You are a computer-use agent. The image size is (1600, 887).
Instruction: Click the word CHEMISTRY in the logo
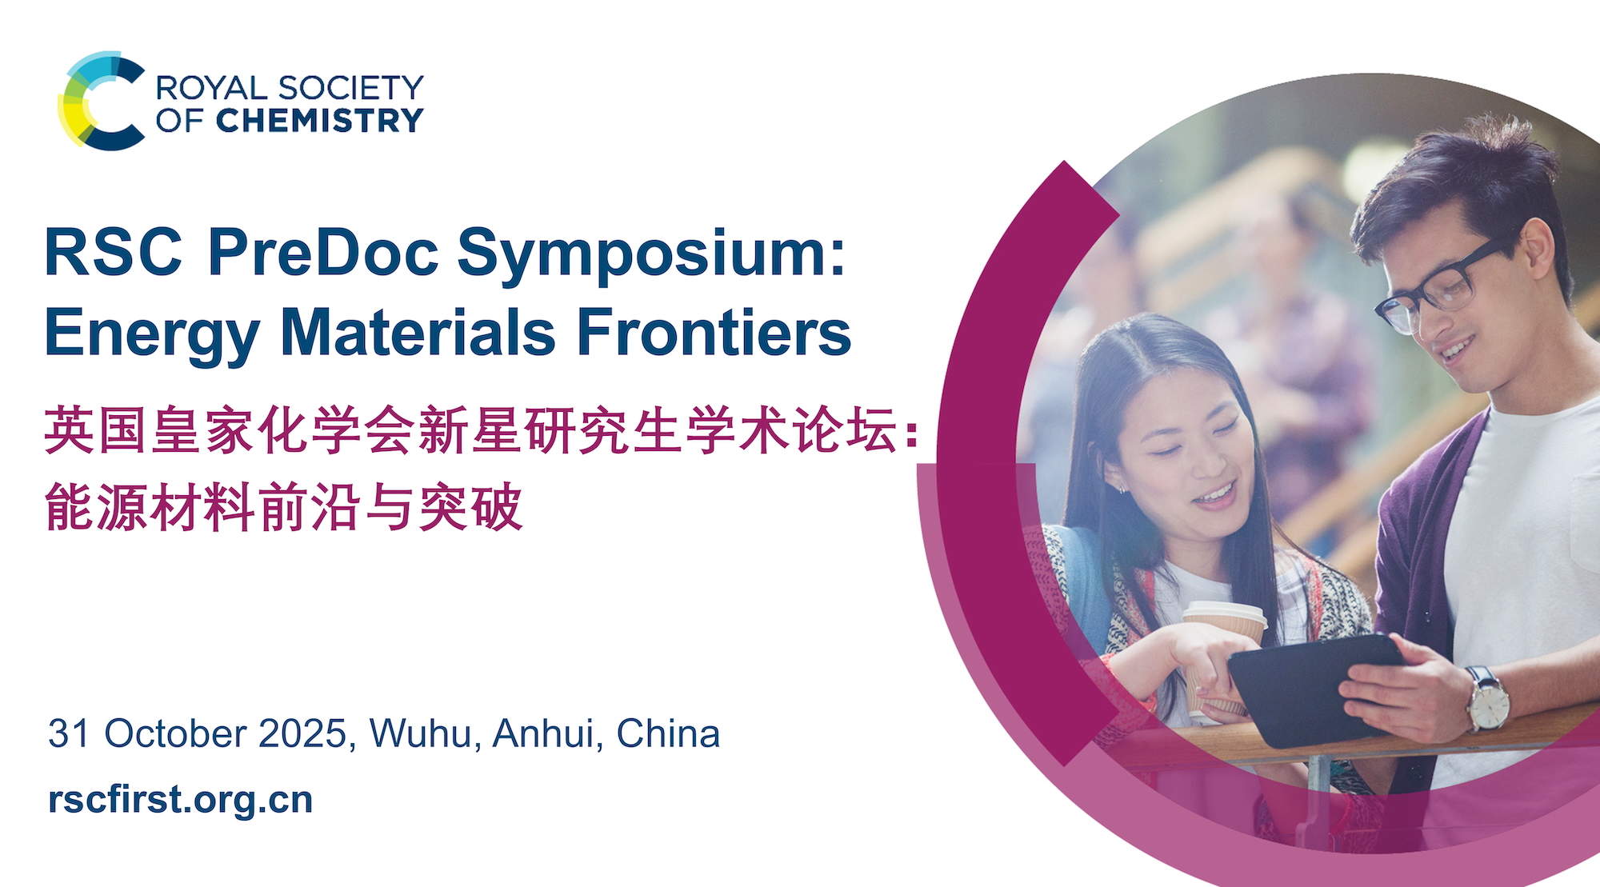(x=319, y=121)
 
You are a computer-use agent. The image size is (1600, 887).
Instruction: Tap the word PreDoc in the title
(x=323, y=252)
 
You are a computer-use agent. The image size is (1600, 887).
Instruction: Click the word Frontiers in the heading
(x=714, y=332)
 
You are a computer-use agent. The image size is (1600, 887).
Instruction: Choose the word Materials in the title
(x=418, y=332)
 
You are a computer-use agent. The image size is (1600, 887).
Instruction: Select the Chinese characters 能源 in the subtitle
(x=96, y=506)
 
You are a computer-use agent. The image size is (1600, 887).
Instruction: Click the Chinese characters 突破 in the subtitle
(x=471, y=506)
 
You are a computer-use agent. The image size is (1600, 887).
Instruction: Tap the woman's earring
(x=1119, y=489)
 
